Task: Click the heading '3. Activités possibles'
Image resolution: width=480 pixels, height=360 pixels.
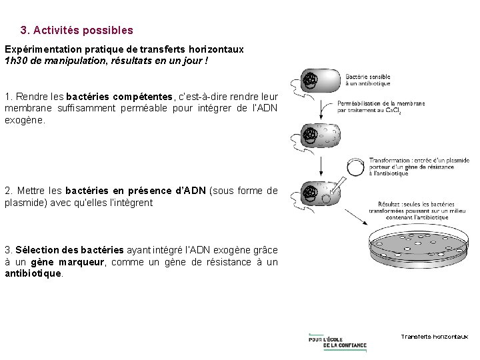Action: click(x=77, y=31)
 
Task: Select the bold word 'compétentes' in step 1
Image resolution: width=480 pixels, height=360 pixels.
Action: click(x=141, y=97)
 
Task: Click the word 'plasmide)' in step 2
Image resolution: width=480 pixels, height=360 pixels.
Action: click(x=26, y=202)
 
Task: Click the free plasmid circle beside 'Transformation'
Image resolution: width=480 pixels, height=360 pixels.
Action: click(x=356, y=167)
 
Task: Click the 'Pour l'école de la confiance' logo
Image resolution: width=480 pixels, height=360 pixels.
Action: click(x=337, y=340)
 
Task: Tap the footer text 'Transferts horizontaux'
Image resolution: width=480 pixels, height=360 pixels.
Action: click(x=434, y=337)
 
